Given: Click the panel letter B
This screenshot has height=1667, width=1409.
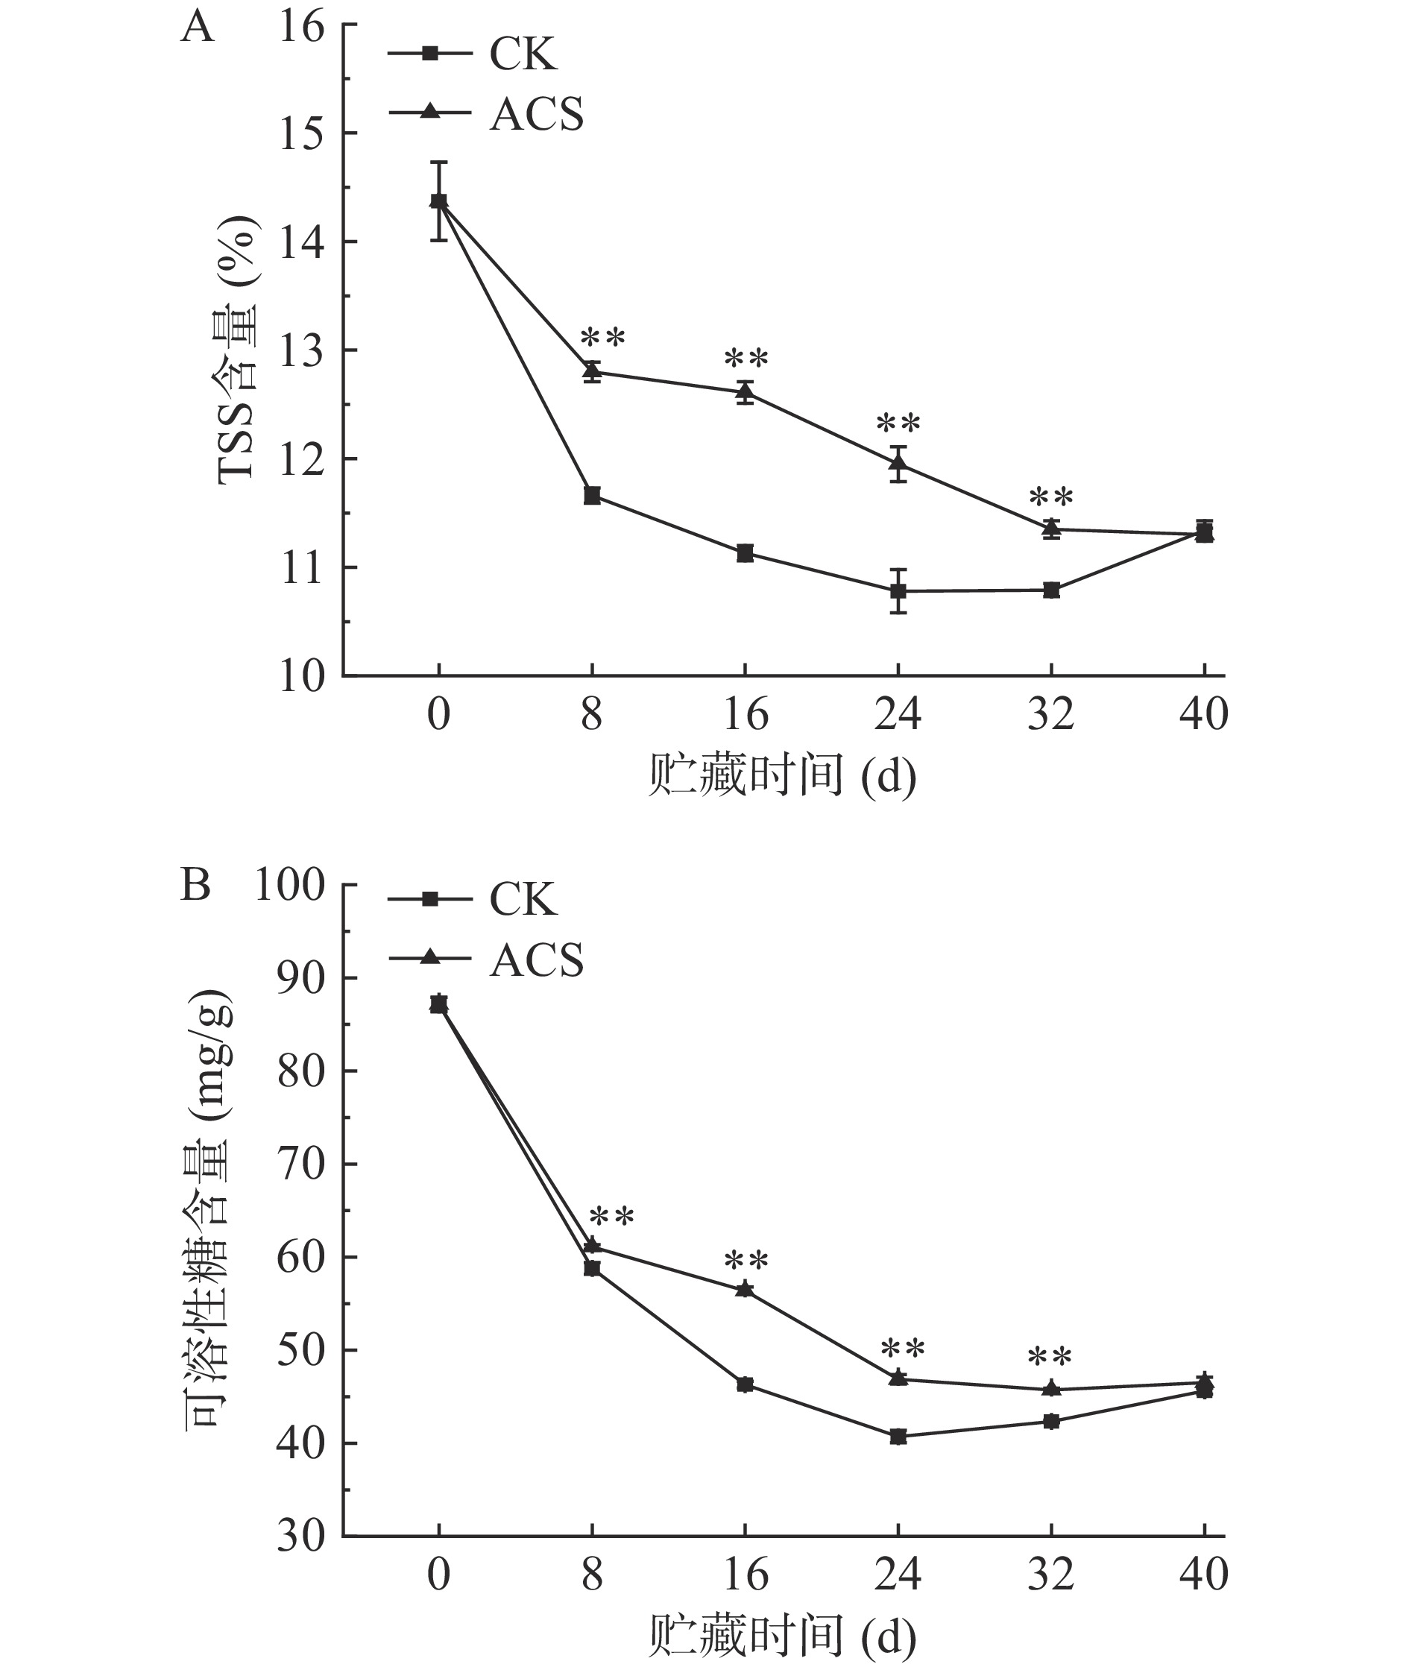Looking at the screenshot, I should pos(195,885).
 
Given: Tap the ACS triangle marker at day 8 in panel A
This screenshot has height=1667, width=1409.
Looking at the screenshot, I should pos(592,371).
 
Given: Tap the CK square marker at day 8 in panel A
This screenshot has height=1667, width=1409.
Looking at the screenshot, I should pos(592,496).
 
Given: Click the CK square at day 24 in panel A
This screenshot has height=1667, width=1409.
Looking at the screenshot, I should pos(898,591).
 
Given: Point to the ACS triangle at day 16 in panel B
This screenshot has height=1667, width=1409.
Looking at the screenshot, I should pos(746,1289).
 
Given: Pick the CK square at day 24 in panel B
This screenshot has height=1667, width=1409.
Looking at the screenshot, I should pos(898,1437).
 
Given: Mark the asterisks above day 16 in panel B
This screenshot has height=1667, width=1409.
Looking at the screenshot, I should pos(746,1263).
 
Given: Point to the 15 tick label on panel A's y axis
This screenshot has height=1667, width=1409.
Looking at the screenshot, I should pos(303,133).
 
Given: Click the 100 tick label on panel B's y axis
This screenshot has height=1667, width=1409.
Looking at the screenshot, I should pos(290,886).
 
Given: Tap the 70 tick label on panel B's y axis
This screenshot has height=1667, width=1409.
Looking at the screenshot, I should pos(302,1165).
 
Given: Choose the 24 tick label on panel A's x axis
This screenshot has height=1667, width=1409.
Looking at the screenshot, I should pos(898,714).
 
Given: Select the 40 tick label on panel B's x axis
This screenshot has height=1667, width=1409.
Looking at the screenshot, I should pos(1204,1574).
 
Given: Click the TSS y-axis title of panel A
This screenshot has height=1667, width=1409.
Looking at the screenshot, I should pos(237,350).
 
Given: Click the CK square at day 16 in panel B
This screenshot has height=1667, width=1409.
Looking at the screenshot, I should pos(746,1384).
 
